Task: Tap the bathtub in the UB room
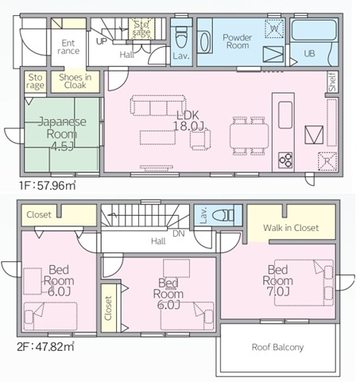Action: (314, 30)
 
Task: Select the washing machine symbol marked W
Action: (274, 29)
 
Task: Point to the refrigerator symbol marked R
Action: (327, 161)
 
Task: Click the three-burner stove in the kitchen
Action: (285, 160)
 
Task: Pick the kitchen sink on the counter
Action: (285, 115)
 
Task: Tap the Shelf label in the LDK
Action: (332, 82)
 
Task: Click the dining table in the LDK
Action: (250, 136)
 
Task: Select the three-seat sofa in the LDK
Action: (158, 106)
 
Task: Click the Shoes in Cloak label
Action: (75, 81)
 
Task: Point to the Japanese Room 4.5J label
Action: (62, 134)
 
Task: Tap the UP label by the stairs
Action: (102, 41)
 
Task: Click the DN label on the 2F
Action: (179, 233)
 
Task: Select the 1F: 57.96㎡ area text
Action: (48, 186)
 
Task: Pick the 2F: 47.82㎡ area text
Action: (45, 346)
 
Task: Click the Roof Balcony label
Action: (277, 347)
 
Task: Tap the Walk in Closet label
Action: (291, 228)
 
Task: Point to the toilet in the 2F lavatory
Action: (223, 215)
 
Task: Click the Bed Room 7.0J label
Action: (277, 280)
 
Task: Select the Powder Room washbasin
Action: (204, 42)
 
